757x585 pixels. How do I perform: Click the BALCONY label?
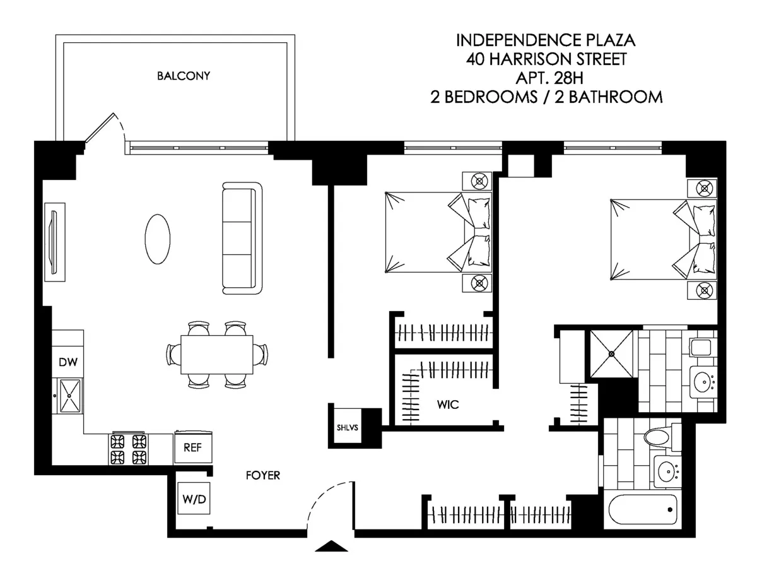[183, 76]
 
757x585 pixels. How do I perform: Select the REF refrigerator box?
[192, 447]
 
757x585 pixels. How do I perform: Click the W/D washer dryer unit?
[194, 499]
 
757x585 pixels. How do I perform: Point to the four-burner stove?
[128, 449]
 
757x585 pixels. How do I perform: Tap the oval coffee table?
[157, 239]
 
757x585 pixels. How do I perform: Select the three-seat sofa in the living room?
[242, 238]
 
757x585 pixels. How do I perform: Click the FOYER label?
[262, 476]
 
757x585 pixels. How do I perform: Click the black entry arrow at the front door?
[331, 547]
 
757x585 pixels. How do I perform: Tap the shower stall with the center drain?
[611, 354]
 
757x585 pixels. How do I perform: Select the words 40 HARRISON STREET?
[546, 60]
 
